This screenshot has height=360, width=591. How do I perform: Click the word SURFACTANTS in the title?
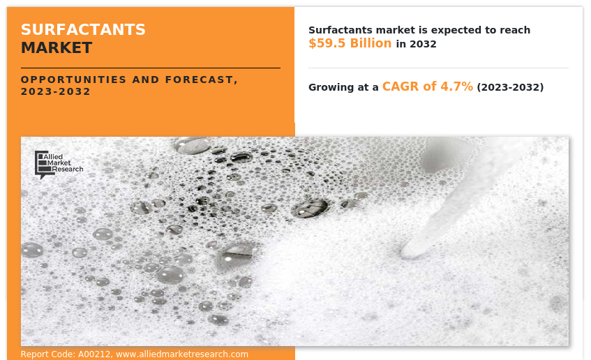tap(83, 29)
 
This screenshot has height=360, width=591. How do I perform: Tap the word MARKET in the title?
tap(56, 47)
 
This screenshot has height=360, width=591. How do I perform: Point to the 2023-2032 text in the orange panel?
tap(56, 91)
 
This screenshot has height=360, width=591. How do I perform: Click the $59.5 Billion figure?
tap(350, 43)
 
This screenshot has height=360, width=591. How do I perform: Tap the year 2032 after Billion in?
tap(424, 44)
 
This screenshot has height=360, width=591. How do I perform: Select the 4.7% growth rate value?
tap(456, 87)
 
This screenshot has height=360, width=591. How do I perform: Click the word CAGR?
tap(399, 87)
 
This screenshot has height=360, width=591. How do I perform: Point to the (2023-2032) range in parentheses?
tap(510, 87)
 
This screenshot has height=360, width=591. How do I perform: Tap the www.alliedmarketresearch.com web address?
tap(182, 354)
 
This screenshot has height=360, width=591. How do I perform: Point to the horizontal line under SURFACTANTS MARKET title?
tap(150, 68)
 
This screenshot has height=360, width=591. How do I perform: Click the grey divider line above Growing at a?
tap(438, 68)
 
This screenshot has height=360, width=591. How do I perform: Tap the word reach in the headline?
tap(516, 30)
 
